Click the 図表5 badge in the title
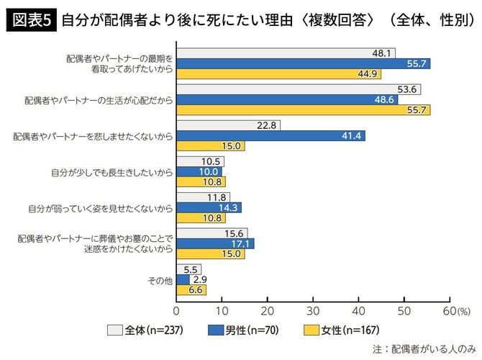(31, 19)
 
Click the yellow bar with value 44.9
(278, 73)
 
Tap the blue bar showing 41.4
(270, 135)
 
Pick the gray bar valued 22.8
(228, 125)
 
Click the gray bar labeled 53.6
(298, 89)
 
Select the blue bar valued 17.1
(215, 243)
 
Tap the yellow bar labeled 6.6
(191, 289)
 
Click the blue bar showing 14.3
(209, 207)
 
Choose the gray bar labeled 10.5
(200, 161)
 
